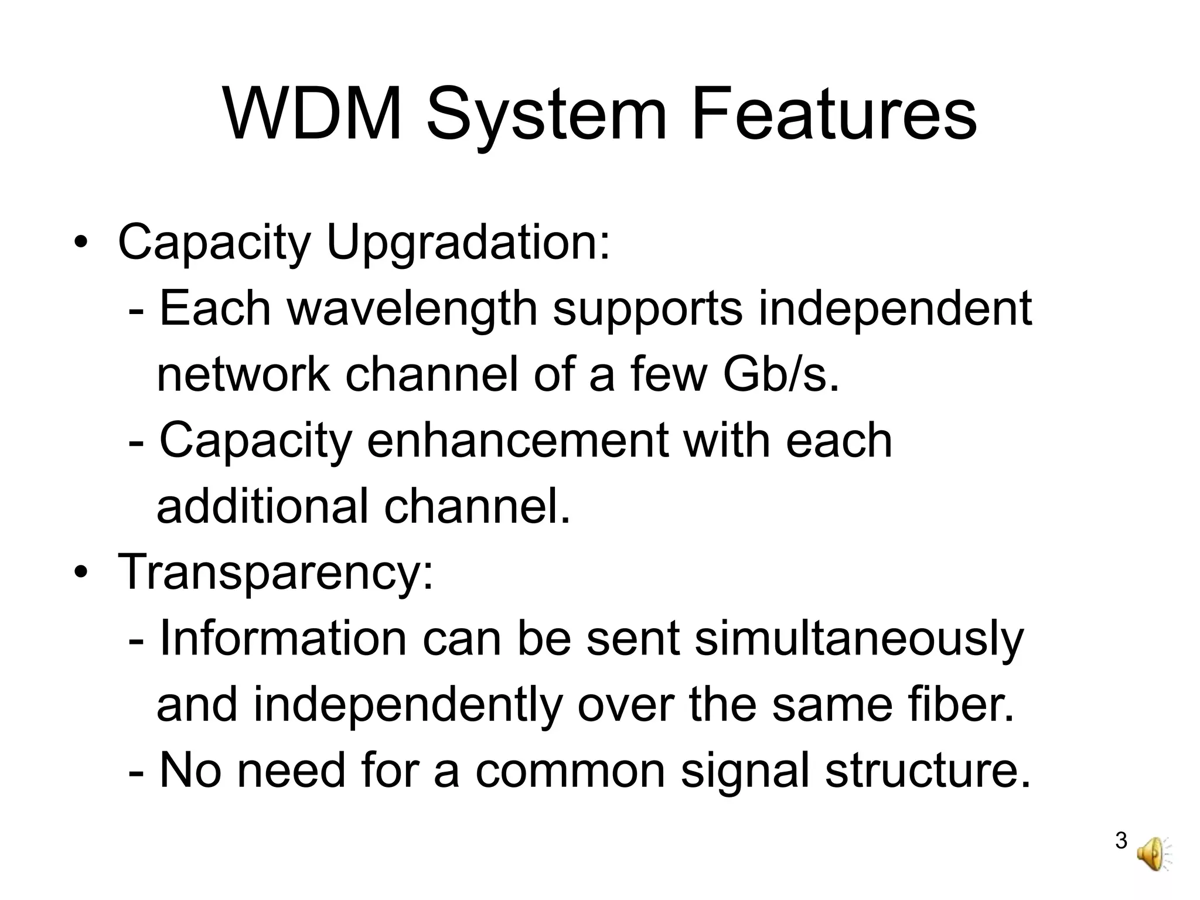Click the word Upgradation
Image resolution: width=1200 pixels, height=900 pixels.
pos(468,243)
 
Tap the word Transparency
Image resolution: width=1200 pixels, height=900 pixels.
pos(276,572)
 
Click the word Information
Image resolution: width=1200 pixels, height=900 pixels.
pos(283,639)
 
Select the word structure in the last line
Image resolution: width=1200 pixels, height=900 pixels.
pos(928,771)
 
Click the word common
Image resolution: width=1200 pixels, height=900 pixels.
pos(570,771)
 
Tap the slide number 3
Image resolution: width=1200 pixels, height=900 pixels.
pos(1121,841)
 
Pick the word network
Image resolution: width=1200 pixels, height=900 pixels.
pos(243,375)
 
